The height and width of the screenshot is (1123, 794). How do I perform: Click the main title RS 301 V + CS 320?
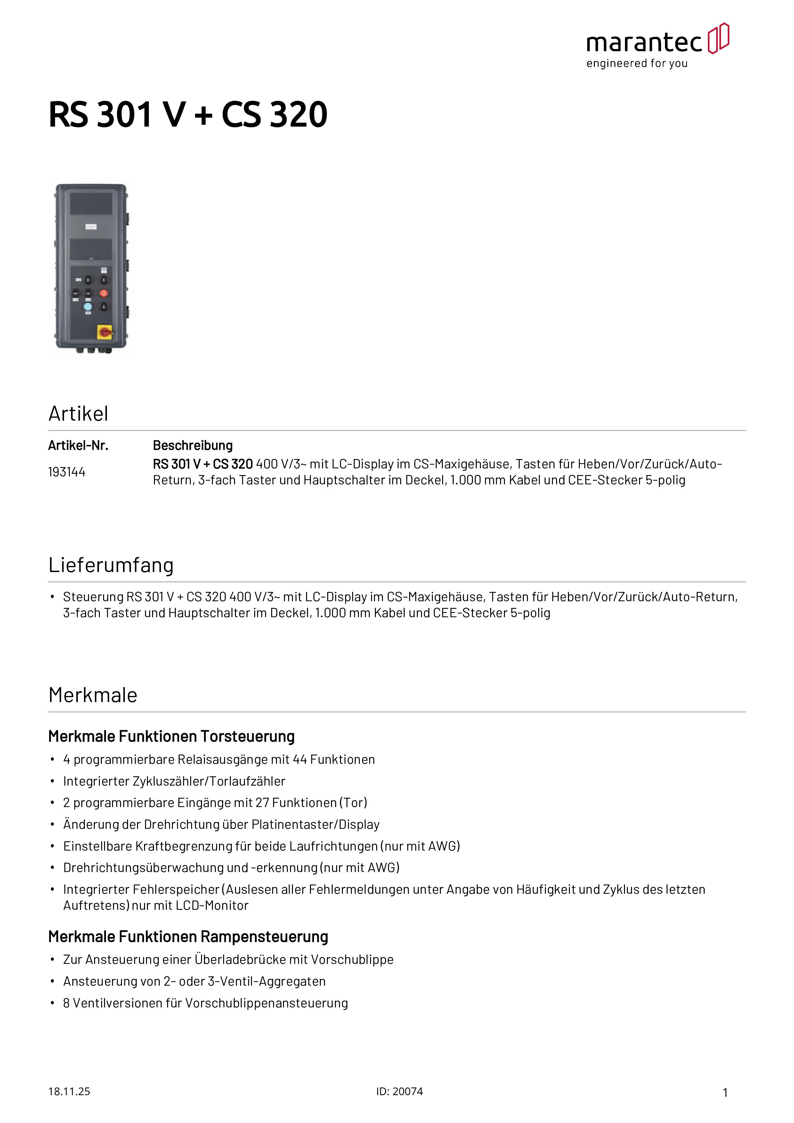click(x=188, y=115)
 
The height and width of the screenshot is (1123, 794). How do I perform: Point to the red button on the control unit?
click(x=104, y=293)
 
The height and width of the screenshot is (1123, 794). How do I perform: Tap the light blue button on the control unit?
click(x=88, y=307)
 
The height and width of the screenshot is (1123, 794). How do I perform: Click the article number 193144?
click(x=67, y=472)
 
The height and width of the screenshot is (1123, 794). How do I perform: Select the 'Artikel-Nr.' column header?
click(x=78, y=446)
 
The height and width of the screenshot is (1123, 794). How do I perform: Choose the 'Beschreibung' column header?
click(x=193, y=446)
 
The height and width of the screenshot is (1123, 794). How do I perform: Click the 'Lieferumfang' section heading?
click(x=111, y=565)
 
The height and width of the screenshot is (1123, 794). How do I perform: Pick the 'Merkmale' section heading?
click(x=93, y=695)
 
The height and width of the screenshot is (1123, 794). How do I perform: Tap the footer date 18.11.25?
click(x=69, y=1091)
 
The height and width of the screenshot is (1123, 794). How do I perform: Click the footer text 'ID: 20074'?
click(x=399, y=1091)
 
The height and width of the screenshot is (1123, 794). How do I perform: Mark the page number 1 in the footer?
click(x=725, y=1092)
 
